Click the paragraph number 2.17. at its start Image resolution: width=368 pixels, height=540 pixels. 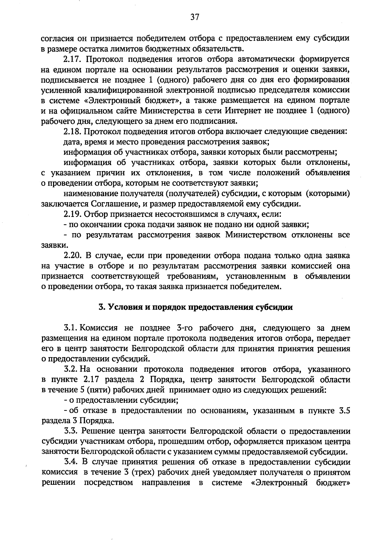coord(72,59)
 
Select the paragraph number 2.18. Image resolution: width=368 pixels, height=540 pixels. coord(72,132)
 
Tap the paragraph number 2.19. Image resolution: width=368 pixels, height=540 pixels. coord(72,214)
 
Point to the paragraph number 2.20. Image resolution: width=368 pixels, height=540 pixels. coord(72,255)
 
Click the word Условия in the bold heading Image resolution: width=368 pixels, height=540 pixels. coord(120,307)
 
